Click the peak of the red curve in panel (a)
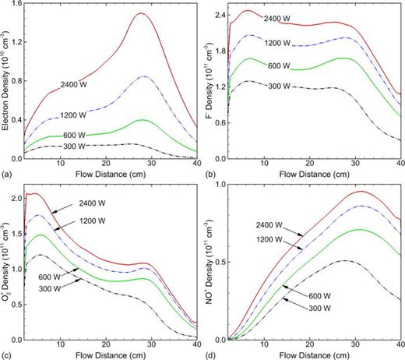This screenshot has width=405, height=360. [x=140, y=14]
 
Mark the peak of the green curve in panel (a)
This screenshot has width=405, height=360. [x=140, y=120]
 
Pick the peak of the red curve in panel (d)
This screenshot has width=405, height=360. [x=360, y=191]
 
